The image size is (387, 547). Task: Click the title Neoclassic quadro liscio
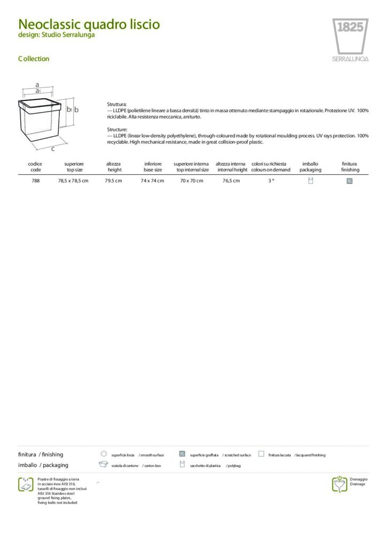click(x=89, y=25)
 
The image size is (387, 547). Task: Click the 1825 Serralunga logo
click(x=350, y=40)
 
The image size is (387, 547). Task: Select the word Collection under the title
click(x=34, y=59)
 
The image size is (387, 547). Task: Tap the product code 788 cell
click(x=36, y=181)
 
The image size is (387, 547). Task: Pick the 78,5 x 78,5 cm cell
click(x=73, y=181)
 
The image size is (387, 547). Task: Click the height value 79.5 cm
click(x=114, y=181)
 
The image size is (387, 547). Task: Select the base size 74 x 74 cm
click(x=152, y=181)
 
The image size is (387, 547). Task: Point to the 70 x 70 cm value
click(x=191, y=181)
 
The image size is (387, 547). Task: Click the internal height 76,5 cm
click(x=231, y=181)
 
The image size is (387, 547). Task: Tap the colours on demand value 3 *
click(x=271, y=181)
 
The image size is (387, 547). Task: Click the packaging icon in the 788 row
click(x=311, y=181)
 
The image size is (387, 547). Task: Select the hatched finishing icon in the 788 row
click(x=350, y=181)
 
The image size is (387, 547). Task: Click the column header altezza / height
click(x=114, y=167)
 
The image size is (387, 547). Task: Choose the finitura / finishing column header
click(x=350, y=167)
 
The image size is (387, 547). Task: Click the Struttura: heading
click(x=117, y=104)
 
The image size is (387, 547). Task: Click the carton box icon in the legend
click(x=103, y=465)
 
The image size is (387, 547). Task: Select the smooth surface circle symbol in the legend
click(x=104, y=454)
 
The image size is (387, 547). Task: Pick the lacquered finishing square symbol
click(x=261, y=454)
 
